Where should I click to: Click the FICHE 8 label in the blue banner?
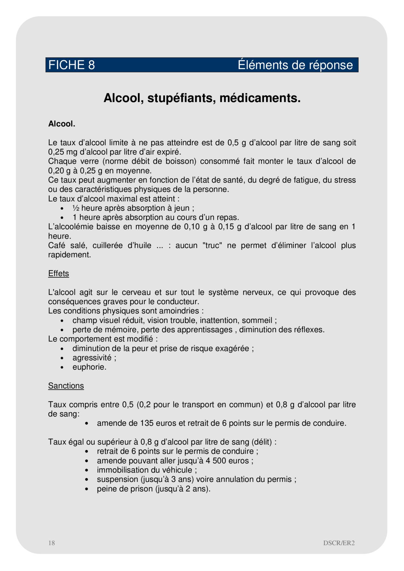point(71,65)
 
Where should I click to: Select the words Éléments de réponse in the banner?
point(295,65)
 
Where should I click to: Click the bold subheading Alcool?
point(62,124)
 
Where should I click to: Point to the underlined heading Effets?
point(58,273)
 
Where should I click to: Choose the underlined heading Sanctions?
point(66,386)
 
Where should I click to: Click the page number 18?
point(51,543)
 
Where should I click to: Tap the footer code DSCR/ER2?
point(339,543)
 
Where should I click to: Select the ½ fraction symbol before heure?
point(76,208)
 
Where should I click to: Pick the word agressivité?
point(92,358)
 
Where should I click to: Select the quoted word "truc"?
point(212,246)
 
